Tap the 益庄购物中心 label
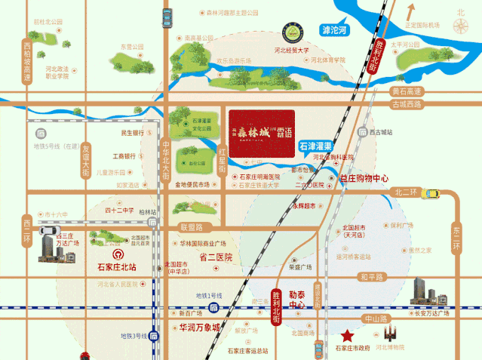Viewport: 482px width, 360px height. coord(364,179)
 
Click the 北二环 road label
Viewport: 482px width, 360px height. coord(406,192)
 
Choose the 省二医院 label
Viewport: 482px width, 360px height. coord(215,257)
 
